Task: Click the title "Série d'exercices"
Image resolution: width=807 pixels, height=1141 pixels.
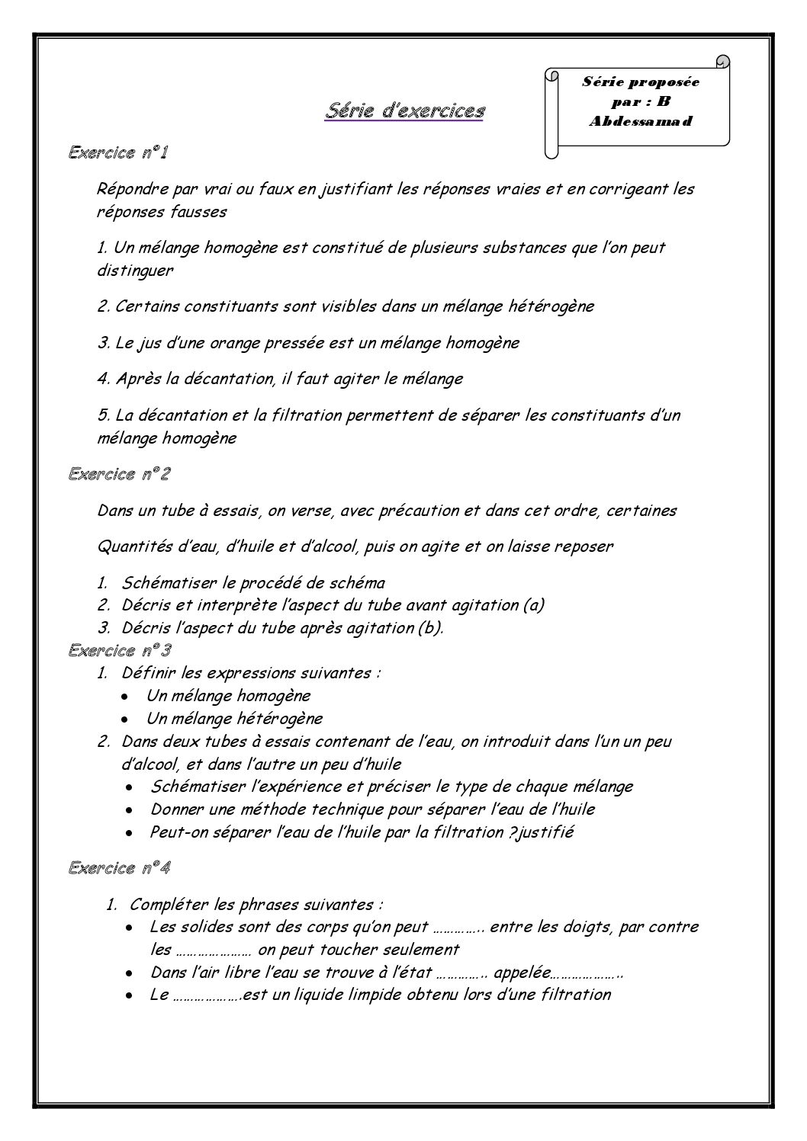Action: click(x=405, y=111)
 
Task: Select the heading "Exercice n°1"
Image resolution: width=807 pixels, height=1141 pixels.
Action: click(x=118, y=152)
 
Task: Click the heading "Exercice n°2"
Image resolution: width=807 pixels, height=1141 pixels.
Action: click(x=119, y=474)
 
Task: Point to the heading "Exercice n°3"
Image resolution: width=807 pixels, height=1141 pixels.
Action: click(x=119, y=650)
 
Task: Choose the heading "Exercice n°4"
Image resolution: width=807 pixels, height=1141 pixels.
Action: click(x=119, y=867)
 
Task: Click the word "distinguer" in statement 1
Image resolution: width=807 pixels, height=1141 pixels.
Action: click(x=136, y=270)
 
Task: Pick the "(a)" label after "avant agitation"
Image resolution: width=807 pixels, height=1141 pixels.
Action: click(x=533, y=605)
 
